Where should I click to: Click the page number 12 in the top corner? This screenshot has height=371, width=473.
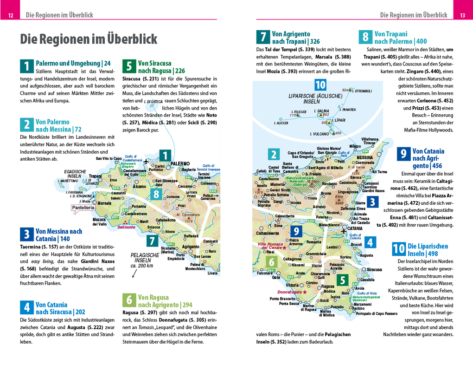11,15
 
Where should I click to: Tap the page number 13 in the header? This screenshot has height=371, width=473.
462,15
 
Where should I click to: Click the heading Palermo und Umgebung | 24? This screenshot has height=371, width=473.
73,63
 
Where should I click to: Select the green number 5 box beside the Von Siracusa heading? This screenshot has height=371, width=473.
128,66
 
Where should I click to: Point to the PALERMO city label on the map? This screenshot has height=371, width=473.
180,164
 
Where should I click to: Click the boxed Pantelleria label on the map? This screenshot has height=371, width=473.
83,208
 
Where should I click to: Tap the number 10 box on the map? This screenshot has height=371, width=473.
320,85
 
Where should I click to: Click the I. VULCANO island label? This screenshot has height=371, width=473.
320,134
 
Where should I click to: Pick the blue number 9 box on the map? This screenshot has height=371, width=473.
296,231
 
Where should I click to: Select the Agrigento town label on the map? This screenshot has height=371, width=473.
191,247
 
